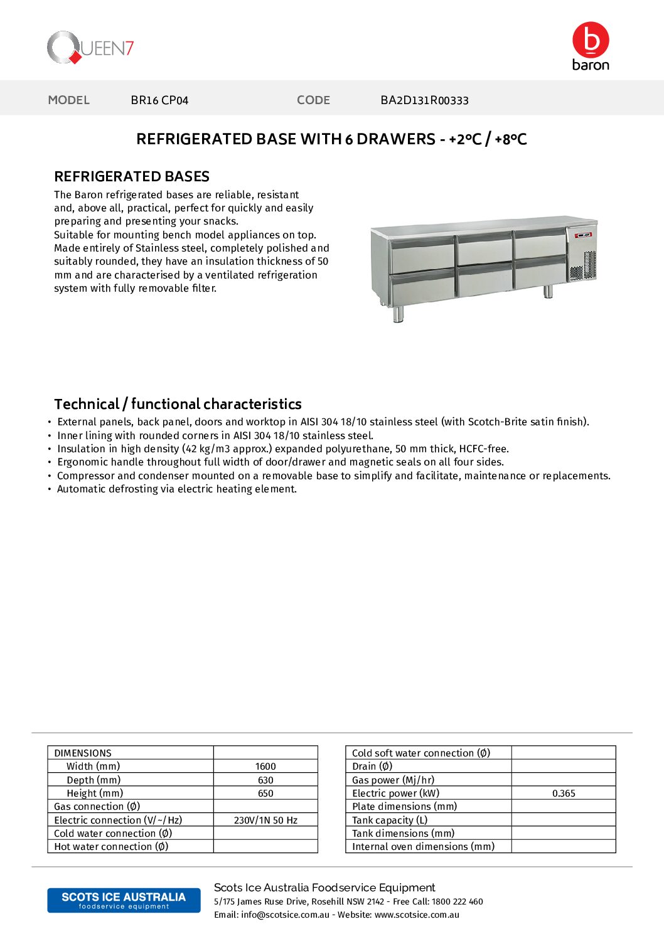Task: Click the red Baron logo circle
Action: tap(591, 40)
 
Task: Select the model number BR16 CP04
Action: tap(159, 100)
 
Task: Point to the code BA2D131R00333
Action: tap(424, 100)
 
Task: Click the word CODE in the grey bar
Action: tap(313, 100)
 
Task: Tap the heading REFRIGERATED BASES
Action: tap(132, 177)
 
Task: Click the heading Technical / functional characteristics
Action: tap(178, 404)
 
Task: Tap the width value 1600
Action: tap(265, 767)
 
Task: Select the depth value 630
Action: tap(265, 780)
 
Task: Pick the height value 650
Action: tap(265, 793)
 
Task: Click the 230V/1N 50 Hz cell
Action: tap(265, 820)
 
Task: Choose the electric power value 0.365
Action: tap(564, 793)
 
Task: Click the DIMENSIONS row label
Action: tap(83, 753)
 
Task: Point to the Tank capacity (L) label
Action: tap(390, 820)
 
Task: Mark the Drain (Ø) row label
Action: tap(372, 767)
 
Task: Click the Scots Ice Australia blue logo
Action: tap(124, 900)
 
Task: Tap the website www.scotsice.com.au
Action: tap(417, 915)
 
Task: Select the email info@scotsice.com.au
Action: tap(285, 915)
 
